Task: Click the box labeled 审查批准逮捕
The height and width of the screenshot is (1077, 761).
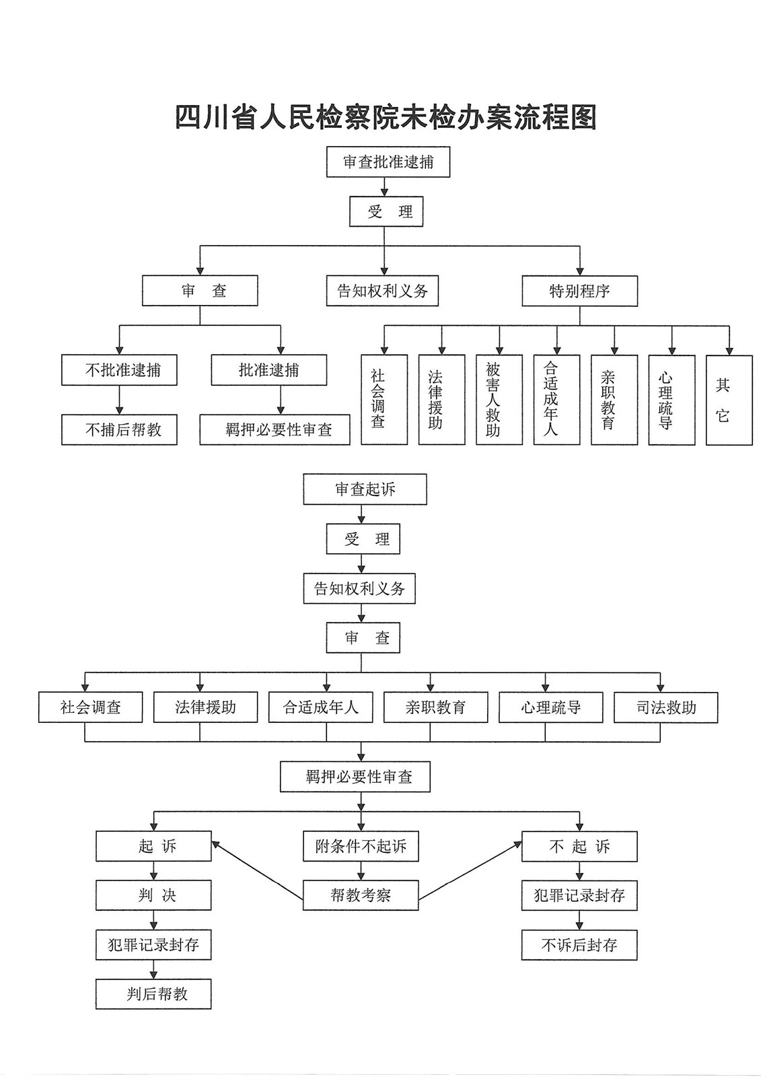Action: [x=388, y=162]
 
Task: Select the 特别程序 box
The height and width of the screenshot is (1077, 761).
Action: [x=579, y=291]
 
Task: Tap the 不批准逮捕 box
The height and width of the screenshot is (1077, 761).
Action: [x=119, y=370]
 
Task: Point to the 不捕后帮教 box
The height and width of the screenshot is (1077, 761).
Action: [x=119, y=430]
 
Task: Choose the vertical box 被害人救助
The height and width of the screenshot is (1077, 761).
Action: [x=499, y=400]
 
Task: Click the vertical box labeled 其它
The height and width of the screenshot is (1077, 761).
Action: [x=729, y=400]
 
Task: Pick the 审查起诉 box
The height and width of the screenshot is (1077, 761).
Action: [x=365, y=489]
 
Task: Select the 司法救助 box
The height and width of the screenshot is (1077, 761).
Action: [x=665, y=707]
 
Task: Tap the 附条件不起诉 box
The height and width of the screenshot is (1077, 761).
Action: [x=361, y=846]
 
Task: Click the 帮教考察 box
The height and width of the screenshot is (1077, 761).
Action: [x=361, y=895]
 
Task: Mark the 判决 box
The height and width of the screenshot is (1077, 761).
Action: [x=153, y=895]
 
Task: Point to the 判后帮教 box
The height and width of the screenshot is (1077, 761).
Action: [x=153, y=994]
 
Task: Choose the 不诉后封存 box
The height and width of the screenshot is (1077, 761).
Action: [x=579, y=945]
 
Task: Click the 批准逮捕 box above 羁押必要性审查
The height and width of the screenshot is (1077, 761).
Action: [x=268, y=370]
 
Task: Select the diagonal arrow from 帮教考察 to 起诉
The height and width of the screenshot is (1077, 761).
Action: [x=257, y=870]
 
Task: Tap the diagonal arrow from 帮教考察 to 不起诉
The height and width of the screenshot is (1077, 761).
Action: [x=470, y=870]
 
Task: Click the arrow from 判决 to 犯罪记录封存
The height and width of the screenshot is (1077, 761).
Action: [x=153, y=920]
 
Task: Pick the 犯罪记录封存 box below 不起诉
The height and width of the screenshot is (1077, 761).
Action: [x=579, y=895]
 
